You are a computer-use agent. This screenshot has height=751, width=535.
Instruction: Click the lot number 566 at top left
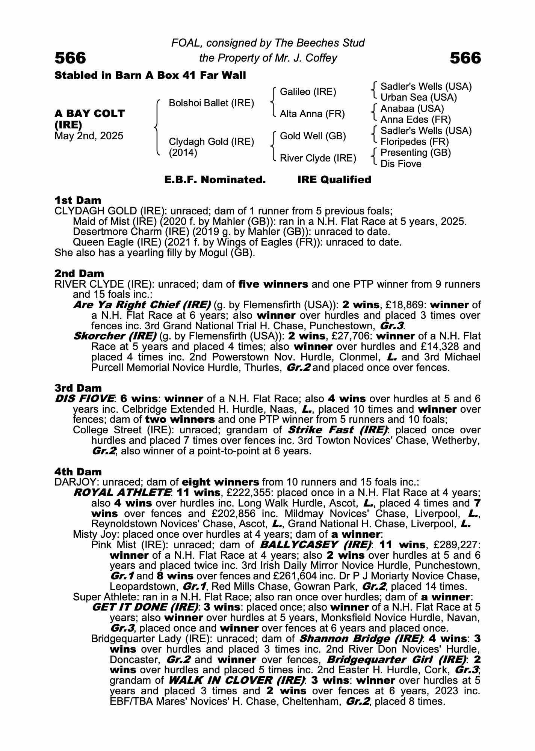click(70, 58)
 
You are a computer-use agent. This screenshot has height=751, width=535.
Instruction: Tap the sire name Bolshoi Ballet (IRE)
click(211, 103)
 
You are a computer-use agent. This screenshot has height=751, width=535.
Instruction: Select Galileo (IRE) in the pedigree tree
click(308, 92)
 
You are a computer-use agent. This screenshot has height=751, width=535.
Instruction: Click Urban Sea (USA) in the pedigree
click(419, 98)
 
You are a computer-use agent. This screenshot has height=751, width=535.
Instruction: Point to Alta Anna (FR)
click(312, 114)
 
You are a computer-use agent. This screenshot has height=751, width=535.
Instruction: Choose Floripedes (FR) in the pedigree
click(414, 142)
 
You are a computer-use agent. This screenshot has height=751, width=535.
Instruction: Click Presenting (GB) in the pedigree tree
click(416, 152)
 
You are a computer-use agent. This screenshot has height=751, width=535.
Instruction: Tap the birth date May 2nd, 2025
click(89, 136)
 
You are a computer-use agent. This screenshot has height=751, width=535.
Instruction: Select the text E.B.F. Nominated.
click(215, 180)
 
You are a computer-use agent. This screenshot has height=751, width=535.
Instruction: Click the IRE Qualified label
click(334, 180)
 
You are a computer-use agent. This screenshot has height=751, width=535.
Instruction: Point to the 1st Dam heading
click(78, 200)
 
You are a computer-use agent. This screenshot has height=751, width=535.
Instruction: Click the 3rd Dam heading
click(78, 388)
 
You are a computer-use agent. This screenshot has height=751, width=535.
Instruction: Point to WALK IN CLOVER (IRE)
click(236, 680)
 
